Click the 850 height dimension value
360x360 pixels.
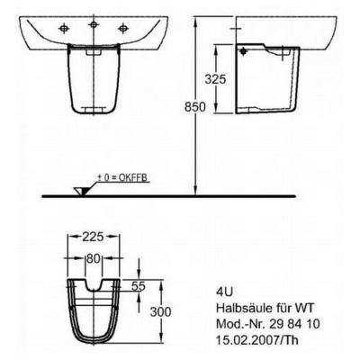(x=195, y=107)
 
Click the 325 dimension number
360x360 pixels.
(x=215, y=79)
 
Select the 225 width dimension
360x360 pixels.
(x=93, y=237)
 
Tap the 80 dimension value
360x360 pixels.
(x=93, y=258)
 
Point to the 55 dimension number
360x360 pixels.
(x=139, y=286)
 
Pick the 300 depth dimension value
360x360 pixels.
(x=160, y=311)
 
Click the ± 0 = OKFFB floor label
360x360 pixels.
(x=122, y=178)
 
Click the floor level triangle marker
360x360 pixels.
(x=82, y=191)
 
